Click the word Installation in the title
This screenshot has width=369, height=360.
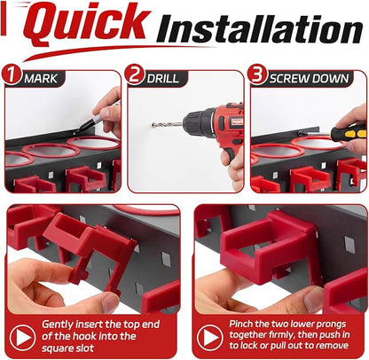point(260,28)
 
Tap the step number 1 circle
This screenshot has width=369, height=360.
point(11,74)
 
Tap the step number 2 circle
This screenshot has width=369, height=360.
point(135,74)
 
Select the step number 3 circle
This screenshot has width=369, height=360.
point(257,74)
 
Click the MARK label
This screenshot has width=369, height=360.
point(41,79)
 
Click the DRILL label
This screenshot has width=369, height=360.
point(163,79)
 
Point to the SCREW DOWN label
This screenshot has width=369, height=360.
point(309,79)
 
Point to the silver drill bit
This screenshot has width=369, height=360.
point(167,124)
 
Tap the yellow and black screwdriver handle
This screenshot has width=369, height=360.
point(349,132)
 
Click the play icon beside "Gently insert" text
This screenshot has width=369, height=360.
point(22,337)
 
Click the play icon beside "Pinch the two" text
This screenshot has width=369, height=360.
point(209,337)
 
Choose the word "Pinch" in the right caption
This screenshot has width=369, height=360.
point(240,324)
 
